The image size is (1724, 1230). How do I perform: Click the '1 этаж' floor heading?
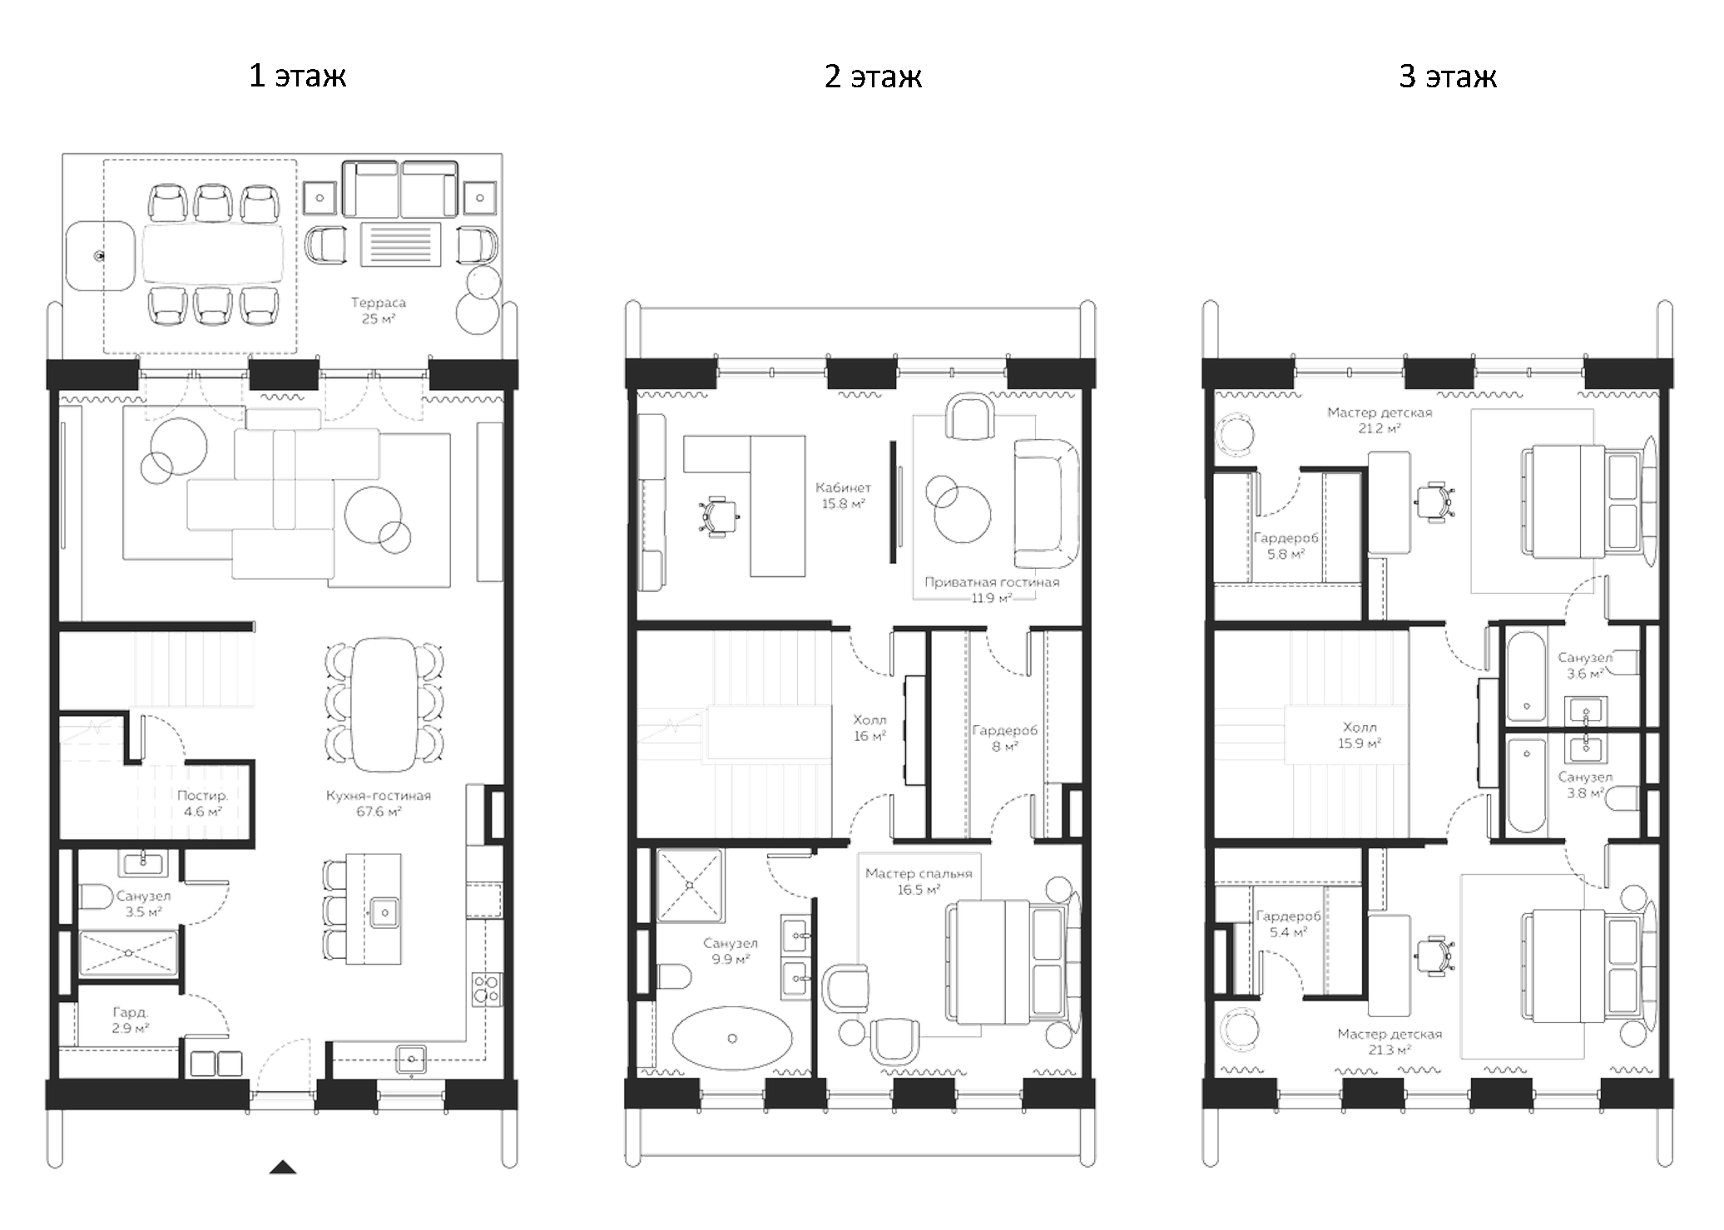tap(297, 77)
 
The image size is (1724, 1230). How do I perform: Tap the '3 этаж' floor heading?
tap(1447, 77)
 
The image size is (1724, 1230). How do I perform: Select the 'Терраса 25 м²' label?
tap(378, 311)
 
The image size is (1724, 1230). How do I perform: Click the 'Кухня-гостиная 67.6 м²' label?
tap(378, 803)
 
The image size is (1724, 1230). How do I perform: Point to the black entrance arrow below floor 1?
tap(283, 1168)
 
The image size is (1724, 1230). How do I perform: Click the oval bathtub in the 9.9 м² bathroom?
tap(731, 1037)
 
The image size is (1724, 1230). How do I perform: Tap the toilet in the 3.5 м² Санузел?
tap(96, 897)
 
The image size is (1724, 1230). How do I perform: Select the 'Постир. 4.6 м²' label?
tap(202, 803)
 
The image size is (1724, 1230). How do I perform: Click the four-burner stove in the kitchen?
tap(486, 990)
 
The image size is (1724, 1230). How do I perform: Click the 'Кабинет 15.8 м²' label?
tap(843, 496)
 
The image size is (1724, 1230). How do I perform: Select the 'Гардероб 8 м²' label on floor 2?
tap(1004, 738)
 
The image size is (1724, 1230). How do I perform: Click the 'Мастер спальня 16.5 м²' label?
tap(919, 882)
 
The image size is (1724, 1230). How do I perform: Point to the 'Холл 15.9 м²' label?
tap(1359, 735)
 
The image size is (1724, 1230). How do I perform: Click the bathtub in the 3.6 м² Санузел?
tap(1526, 676)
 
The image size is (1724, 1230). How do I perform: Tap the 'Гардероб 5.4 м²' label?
tap(1287, 924)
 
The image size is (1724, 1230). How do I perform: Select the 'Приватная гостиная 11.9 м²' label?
tap(992, 590)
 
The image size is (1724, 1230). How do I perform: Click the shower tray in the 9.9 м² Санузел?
tap(689, 885)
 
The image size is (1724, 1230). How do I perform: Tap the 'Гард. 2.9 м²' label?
tap(131, 1020)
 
